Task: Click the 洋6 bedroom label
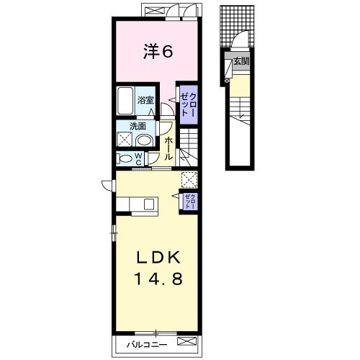(x=158, y=52)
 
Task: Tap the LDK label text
(x=158, y=258)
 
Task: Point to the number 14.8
(x=158, y=279)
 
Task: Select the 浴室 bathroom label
(x=145, y=100)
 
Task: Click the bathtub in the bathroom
(x=125, y=101)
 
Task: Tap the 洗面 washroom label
(x=138, y=126)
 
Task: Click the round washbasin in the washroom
(x=145, y=140)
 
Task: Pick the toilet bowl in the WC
(x=124, y=158)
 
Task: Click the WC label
(x=138, y=159)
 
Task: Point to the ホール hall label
(x=168, y=148)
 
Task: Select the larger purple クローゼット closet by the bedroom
(x=189, y=104)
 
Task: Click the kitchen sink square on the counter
(x=150, y=204)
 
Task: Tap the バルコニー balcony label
(x=147, y=345)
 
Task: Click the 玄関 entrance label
(x=241, y=61)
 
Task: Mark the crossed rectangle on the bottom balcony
(x=186, y=341)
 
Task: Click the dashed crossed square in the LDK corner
(x=189, y=180)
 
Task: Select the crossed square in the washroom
(x=125, y=139)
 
